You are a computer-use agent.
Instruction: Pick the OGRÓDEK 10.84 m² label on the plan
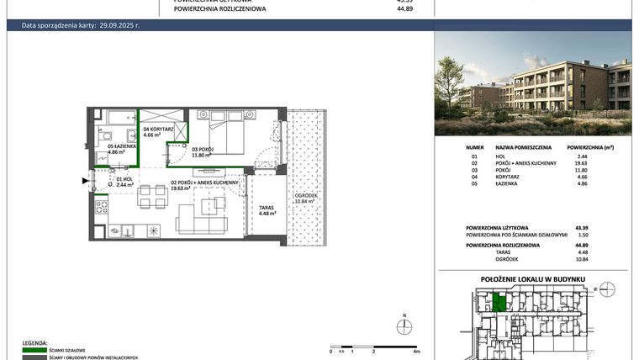304,199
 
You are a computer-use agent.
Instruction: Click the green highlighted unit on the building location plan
499,301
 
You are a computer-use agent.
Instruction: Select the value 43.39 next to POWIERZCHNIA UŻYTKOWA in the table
579,228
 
